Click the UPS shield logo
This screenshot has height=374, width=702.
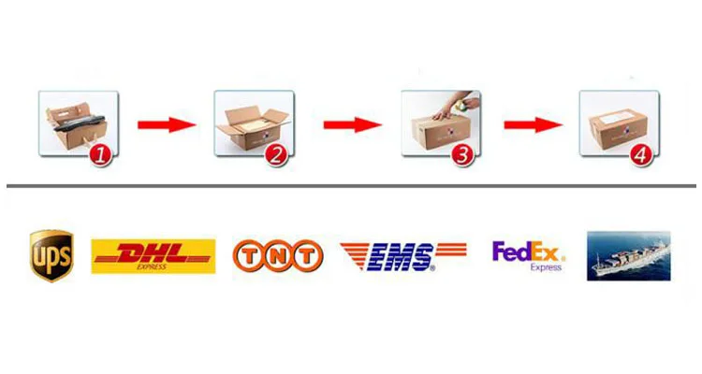(51, 255)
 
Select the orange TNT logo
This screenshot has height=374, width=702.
(277, 255)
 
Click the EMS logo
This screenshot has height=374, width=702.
(402, 255)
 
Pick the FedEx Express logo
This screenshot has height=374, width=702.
(529, 255)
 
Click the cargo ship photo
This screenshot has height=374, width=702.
(628, 255)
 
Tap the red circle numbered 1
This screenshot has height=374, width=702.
(100, 155)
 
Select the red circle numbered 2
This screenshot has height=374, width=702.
(275, 155)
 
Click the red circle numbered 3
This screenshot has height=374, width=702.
(461, 155)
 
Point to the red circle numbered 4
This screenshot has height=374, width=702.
(639, 155)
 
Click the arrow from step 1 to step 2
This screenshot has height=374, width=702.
(166, 124)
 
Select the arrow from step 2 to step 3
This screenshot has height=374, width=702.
(352, 124)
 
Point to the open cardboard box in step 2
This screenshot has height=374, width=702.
(251, 126)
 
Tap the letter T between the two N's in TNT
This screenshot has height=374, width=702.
(277, 255)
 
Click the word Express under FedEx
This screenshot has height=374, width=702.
(546, 267)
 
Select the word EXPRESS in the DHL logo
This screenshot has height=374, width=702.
(153, 266)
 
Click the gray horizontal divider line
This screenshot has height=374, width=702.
(351, 186)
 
